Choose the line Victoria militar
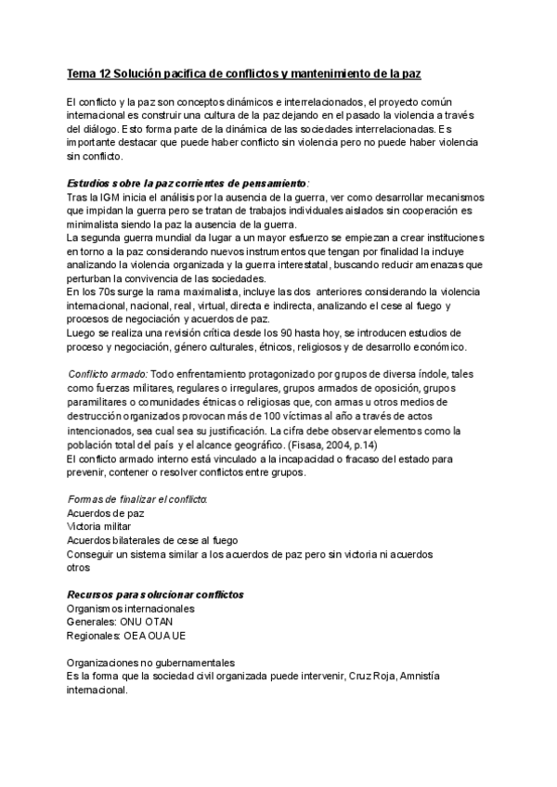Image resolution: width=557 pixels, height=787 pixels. pos(102,526)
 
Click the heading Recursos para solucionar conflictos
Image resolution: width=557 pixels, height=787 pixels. pos(155,594)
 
